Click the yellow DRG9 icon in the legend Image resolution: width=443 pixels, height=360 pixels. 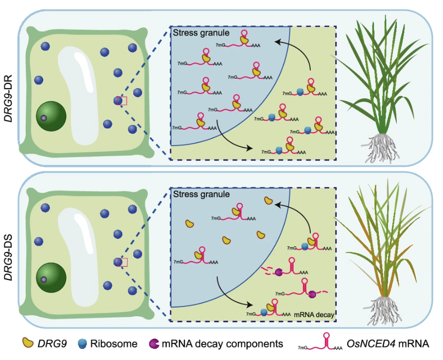pos(27,344)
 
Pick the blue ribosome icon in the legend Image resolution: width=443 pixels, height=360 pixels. pos(83,344)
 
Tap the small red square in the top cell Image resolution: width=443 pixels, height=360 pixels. pos(123,101)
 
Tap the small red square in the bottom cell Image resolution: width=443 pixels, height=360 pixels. pos(123,262)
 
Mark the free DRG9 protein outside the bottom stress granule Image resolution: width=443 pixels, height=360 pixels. pos(268,200)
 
